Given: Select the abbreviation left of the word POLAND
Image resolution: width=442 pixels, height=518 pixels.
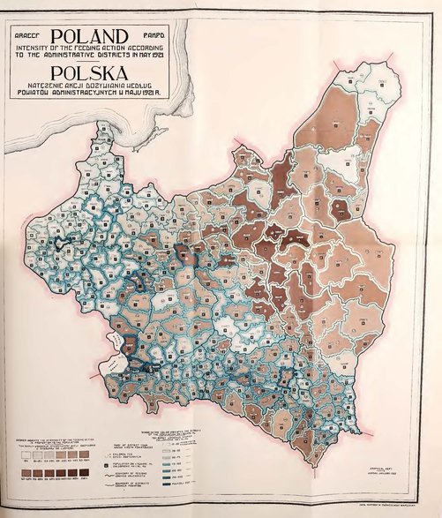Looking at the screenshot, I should (x=26, y=34).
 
